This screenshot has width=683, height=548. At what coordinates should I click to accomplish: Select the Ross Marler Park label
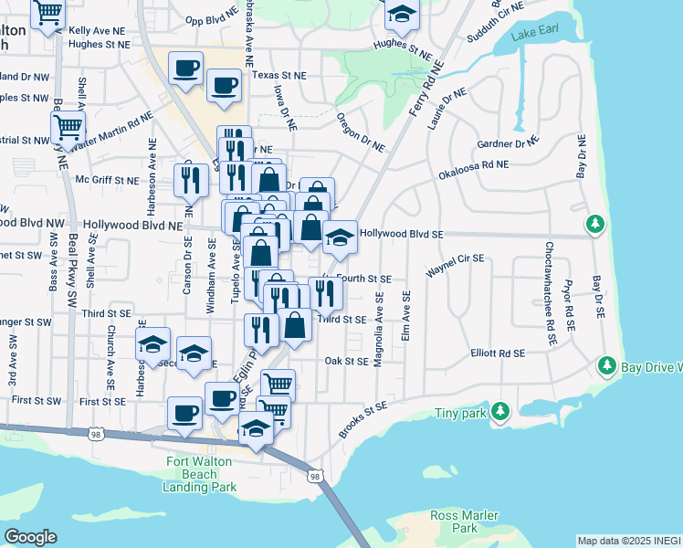click(x=467, y=522)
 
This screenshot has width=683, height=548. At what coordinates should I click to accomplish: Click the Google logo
click(x=30, y=537)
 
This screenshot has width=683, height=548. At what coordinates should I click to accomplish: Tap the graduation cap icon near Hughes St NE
click(x=401, y=14)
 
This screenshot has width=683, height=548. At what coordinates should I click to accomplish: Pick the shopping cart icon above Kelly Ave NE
click(x=47, y=13)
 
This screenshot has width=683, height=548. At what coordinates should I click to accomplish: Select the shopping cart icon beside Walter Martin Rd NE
click(x=68, y=125)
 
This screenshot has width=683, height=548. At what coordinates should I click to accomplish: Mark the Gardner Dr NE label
click(x=508, y=143)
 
